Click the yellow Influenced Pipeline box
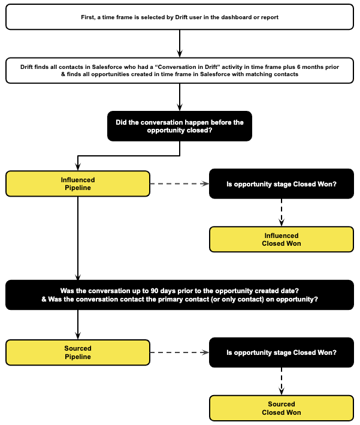[78, 184]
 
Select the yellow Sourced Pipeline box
[78, 352]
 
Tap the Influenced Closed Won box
[282, 239]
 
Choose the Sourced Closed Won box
[282, 408]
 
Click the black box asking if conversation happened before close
[180, 126]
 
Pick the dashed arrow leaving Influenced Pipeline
[180, 184]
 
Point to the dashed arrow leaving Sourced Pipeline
[180, 352]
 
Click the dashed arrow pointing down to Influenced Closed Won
[282, 212]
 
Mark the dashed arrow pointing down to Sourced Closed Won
[282, 381]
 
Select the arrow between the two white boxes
[180, 43]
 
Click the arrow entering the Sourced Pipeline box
[78, 325]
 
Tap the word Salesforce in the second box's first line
[107, 67]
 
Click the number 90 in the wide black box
[155, 291]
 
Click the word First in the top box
[87, 17]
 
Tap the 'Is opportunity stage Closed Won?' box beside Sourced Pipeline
[282, 352]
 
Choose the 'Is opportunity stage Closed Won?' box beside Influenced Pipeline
[282, 184]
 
